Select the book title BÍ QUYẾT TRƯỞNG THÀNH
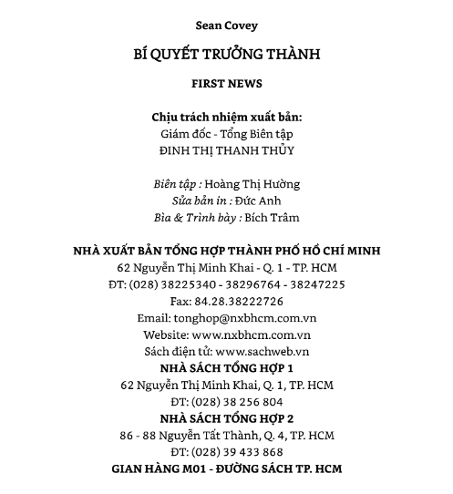226,54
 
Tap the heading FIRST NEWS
226,84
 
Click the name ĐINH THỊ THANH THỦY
226,150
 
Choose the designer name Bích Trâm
272,218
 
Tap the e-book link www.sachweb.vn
263,352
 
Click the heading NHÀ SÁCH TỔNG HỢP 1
226,368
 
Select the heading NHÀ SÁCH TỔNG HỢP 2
226,418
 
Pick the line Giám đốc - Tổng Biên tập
226,134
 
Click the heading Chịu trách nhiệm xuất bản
226,118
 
